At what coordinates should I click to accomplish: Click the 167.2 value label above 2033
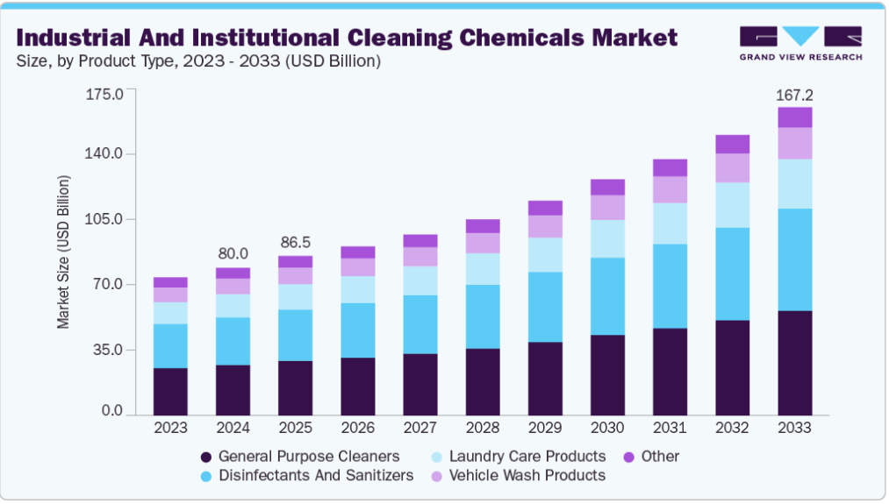[x=794, y=95]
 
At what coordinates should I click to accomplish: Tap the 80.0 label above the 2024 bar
[x=233, y=253]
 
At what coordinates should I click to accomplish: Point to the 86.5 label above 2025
[x=295, y=242]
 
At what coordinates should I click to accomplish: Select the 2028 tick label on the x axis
[x=482, y=428]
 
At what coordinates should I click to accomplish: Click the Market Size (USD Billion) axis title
[x=63, y=252]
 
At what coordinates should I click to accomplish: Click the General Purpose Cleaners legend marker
[x=206, y=457]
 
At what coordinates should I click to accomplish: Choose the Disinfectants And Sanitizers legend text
[x=316, y=475]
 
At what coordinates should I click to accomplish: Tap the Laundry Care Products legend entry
[x=527, y=456]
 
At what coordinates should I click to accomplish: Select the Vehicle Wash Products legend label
[x=527, y=475]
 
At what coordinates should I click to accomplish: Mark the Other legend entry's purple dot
[x=628, y=457]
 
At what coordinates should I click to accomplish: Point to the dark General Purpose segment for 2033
[x=794, y=362]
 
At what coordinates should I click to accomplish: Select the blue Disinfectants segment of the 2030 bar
[x=607, y=296]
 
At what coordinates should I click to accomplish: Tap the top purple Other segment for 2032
[x=732, y=145]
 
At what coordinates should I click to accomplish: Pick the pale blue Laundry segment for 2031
[x=670, y=224]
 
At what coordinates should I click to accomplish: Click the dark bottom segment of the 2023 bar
[x=170, y=391]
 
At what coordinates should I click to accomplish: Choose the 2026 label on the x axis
[x=357, y=428]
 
